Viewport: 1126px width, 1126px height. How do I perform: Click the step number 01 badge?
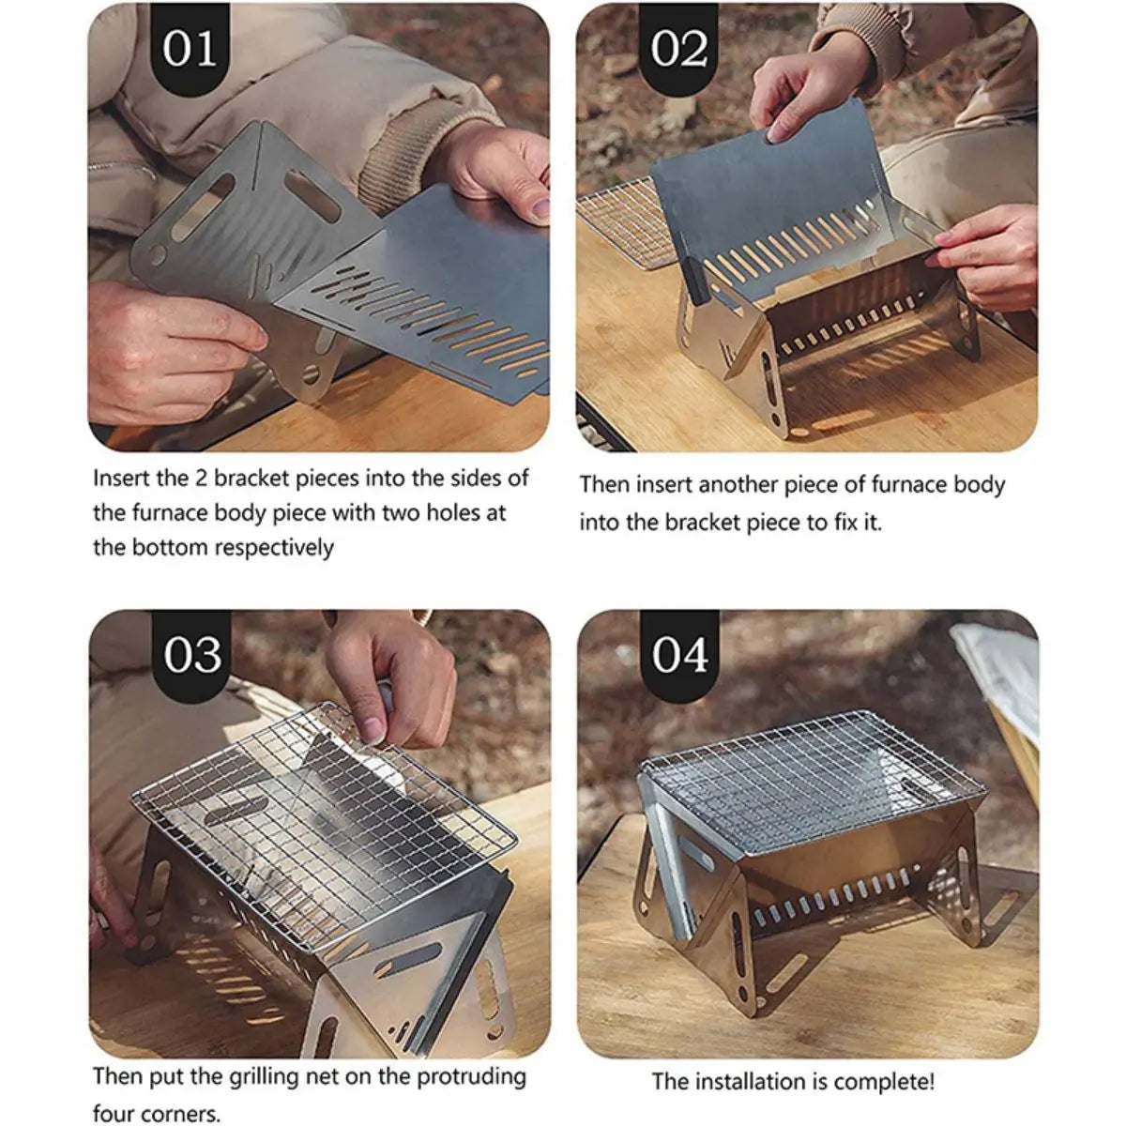tap(190, 48)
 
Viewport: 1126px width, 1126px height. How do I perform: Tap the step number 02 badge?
tap(679, 48)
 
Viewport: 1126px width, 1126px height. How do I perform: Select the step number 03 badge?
tap(192, 655)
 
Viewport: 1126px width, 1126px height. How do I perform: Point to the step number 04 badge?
tap(680, 655)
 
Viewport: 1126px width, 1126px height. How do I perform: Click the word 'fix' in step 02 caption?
tap(844, 523)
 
